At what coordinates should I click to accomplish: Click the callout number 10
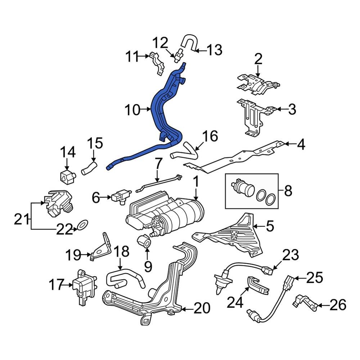(x=132, y=110)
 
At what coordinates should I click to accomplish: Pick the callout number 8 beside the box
(x=288, y=191)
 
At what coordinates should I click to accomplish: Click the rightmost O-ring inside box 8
(x=271, y=199)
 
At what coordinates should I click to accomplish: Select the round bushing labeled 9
(x=144, y=241)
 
